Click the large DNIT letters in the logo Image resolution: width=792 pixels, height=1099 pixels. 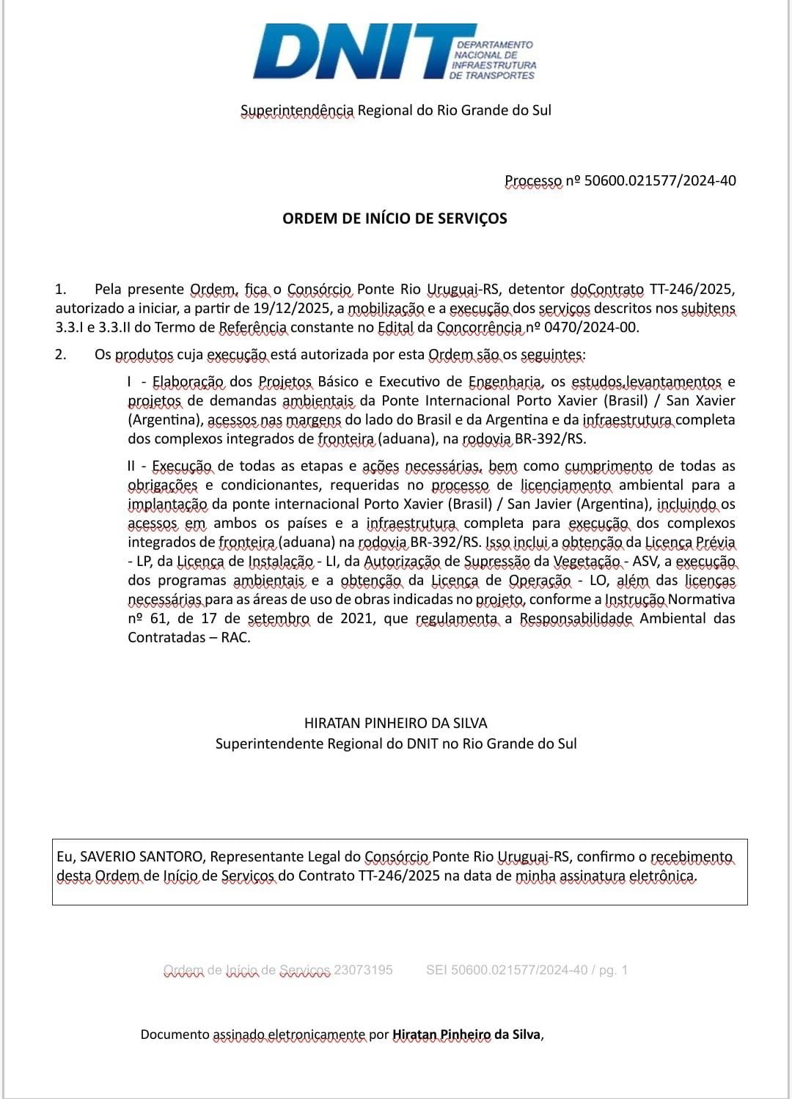click(352, 51)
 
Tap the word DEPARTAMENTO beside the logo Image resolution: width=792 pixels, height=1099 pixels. click(494, 45)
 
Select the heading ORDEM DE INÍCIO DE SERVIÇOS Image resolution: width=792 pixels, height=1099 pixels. click(395, 218)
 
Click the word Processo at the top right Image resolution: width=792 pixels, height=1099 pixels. click(533, 181)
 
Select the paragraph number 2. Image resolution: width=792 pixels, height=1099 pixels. click(60, 355)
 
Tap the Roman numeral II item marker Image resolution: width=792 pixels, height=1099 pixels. click(131, 466)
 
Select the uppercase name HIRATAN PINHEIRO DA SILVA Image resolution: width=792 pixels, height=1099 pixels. click(396, 724)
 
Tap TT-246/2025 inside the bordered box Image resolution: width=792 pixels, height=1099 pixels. click(399, 876)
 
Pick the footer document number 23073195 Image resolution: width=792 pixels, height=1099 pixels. click(363, 970)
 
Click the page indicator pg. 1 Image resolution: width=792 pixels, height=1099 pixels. click(613, 970)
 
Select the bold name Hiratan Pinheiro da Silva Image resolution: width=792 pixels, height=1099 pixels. click(466, 1035)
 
